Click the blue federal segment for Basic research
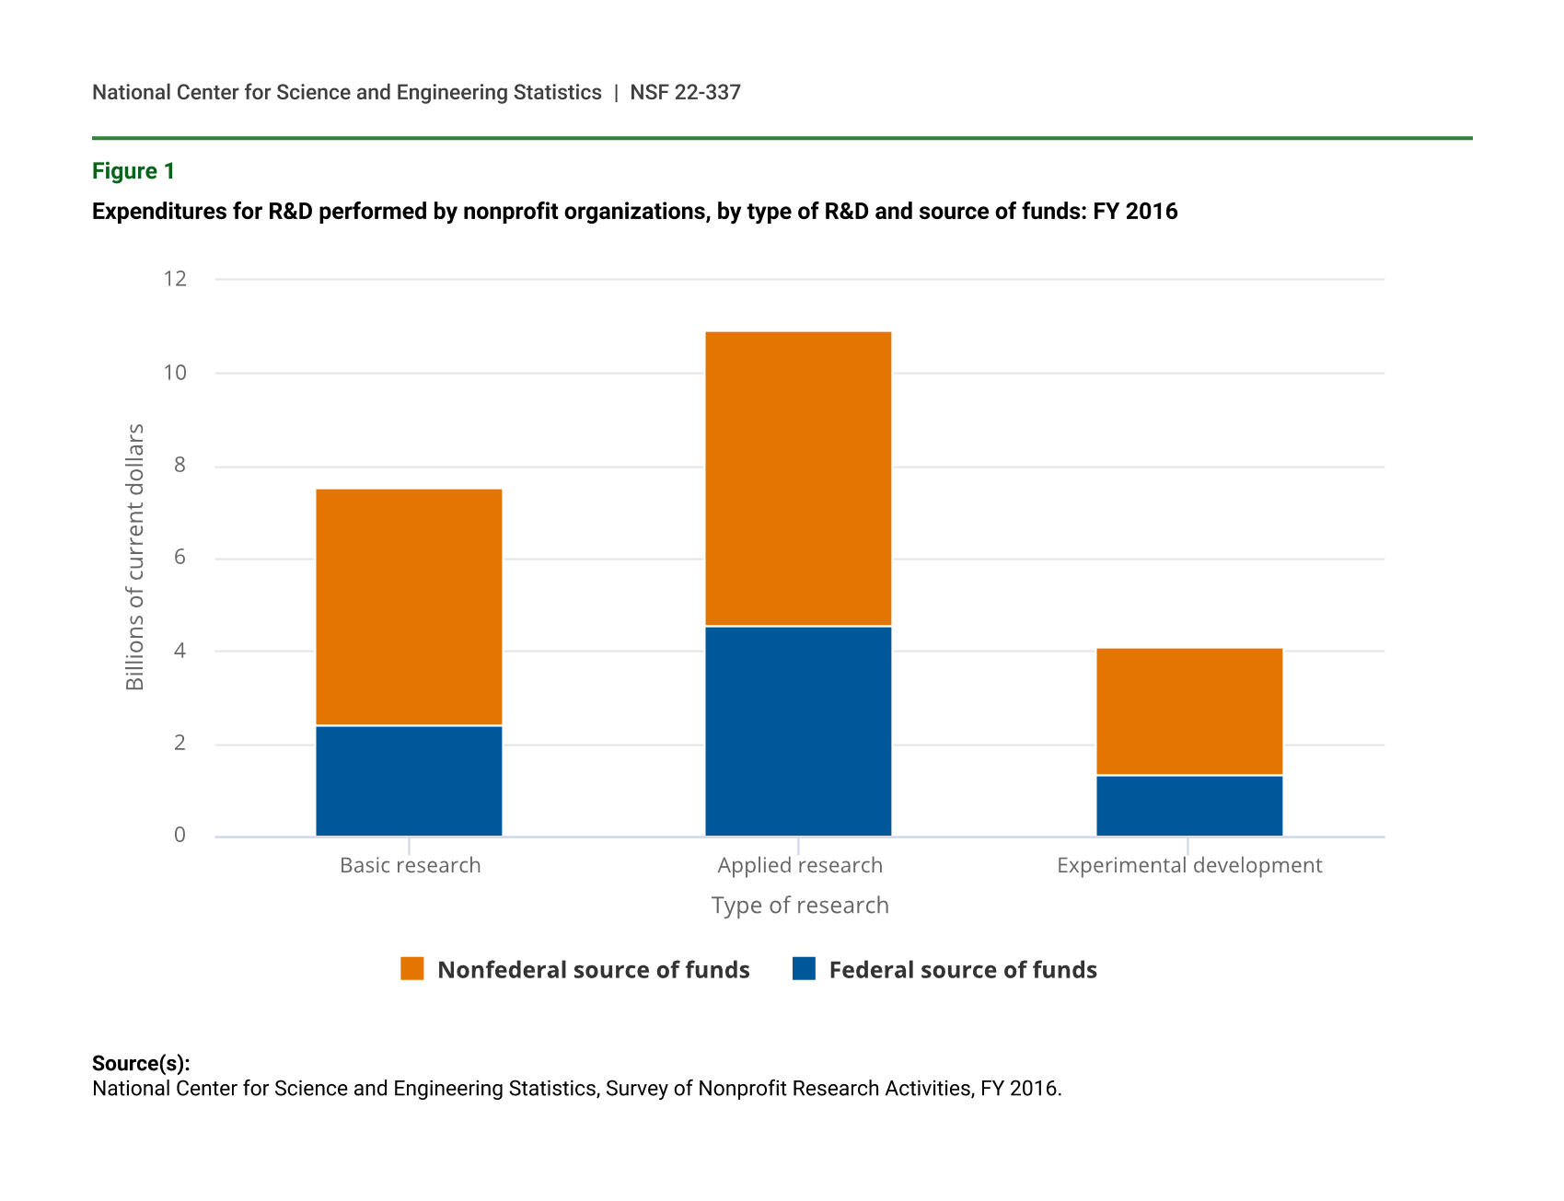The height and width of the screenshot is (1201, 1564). click(x=409, y=781)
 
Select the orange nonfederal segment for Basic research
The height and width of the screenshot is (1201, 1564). click(x=409, y=607)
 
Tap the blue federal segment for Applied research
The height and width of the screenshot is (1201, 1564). click(x=798, y=732)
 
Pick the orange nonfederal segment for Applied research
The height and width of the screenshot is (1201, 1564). click(x=798, y=479)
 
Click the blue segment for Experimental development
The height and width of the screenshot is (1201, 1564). click(x=1189, y=806)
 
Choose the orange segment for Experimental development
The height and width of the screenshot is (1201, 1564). click(x=1189, y=711)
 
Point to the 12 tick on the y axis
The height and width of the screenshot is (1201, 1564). click(x=175, y=278)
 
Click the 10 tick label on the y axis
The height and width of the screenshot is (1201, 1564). click(x=175, y=373)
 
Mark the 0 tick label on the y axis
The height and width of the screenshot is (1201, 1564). click(x=180, y=835)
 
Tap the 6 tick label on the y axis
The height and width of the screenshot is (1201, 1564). click(x=180, y=558)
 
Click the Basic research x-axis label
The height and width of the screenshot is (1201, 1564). click(x=411, y=865)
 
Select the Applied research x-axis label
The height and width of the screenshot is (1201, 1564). click(x=800, y=865)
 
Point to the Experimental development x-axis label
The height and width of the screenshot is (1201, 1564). click(x=1189, y=865)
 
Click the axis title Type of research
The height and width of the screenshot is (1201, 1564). click(x=800, y=906)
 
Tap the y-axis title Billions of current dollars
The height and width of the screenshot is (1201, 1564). click(x=135, y=557)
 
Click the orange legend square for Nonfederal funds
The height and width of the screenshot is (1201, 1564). click(x=412, y=969)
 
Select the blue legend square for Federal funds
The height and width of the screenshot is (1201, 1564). click(x=804, y=969)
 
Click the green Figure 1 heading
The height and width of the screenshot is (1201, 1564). click(x=133, y=171)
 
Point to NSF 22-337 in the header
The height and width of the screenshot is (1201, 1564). click(x=685, y=92)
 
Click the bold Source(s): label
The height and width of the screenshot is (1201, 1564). click(x=141, y=1064)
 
